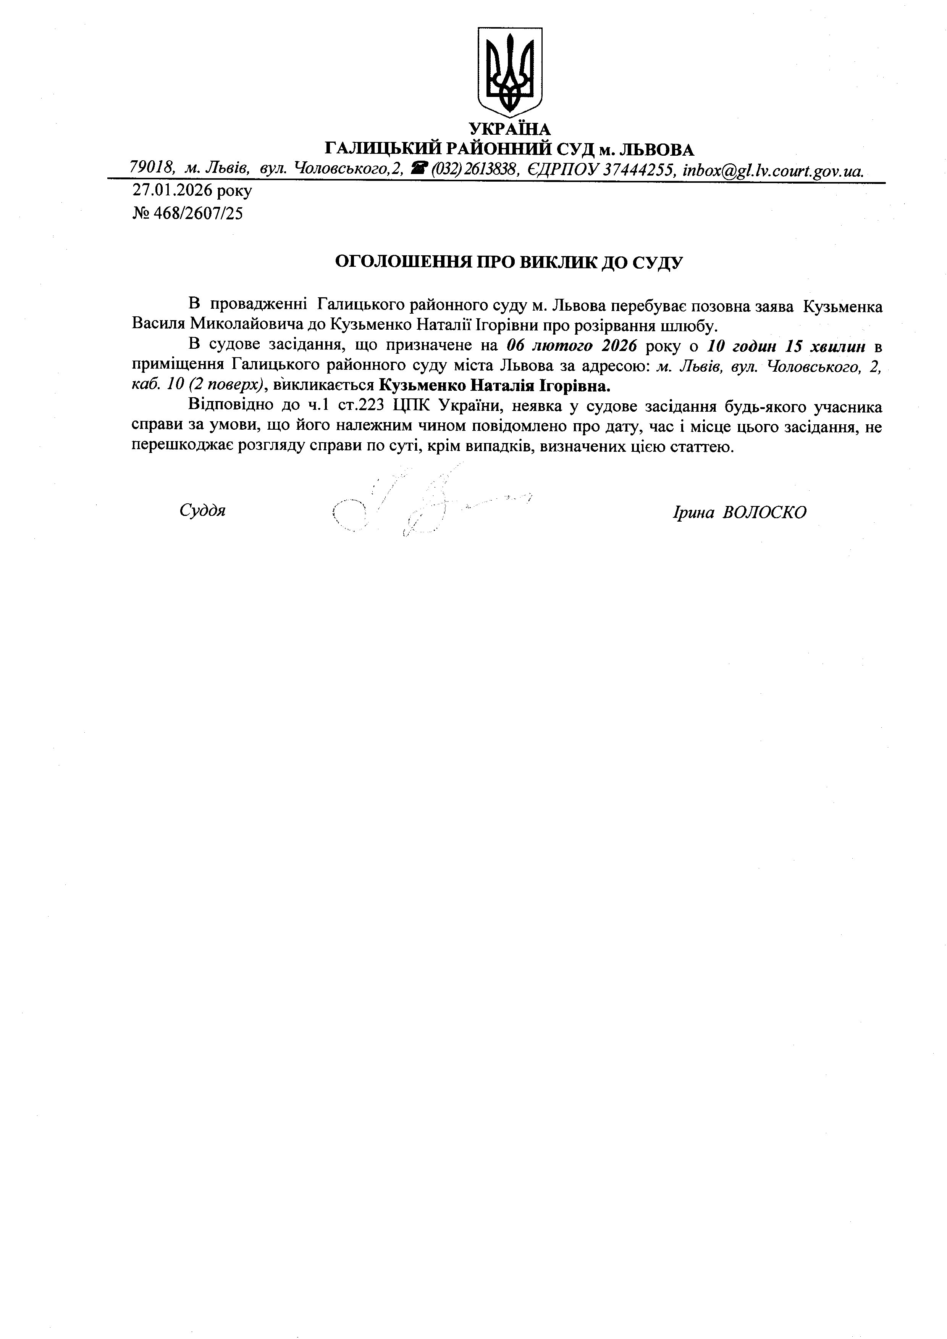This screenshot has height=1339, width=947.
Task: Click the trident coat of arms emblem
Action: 509,73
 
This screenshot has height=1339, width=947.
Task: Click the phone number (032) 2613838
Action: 474,169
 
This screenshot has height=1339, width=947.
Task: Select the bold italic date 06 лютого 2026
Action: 571,346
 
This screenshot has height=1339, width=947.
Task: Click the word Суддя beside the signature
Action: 202,511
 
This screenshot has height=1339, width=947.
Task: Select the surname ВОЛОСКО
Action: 764,512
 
